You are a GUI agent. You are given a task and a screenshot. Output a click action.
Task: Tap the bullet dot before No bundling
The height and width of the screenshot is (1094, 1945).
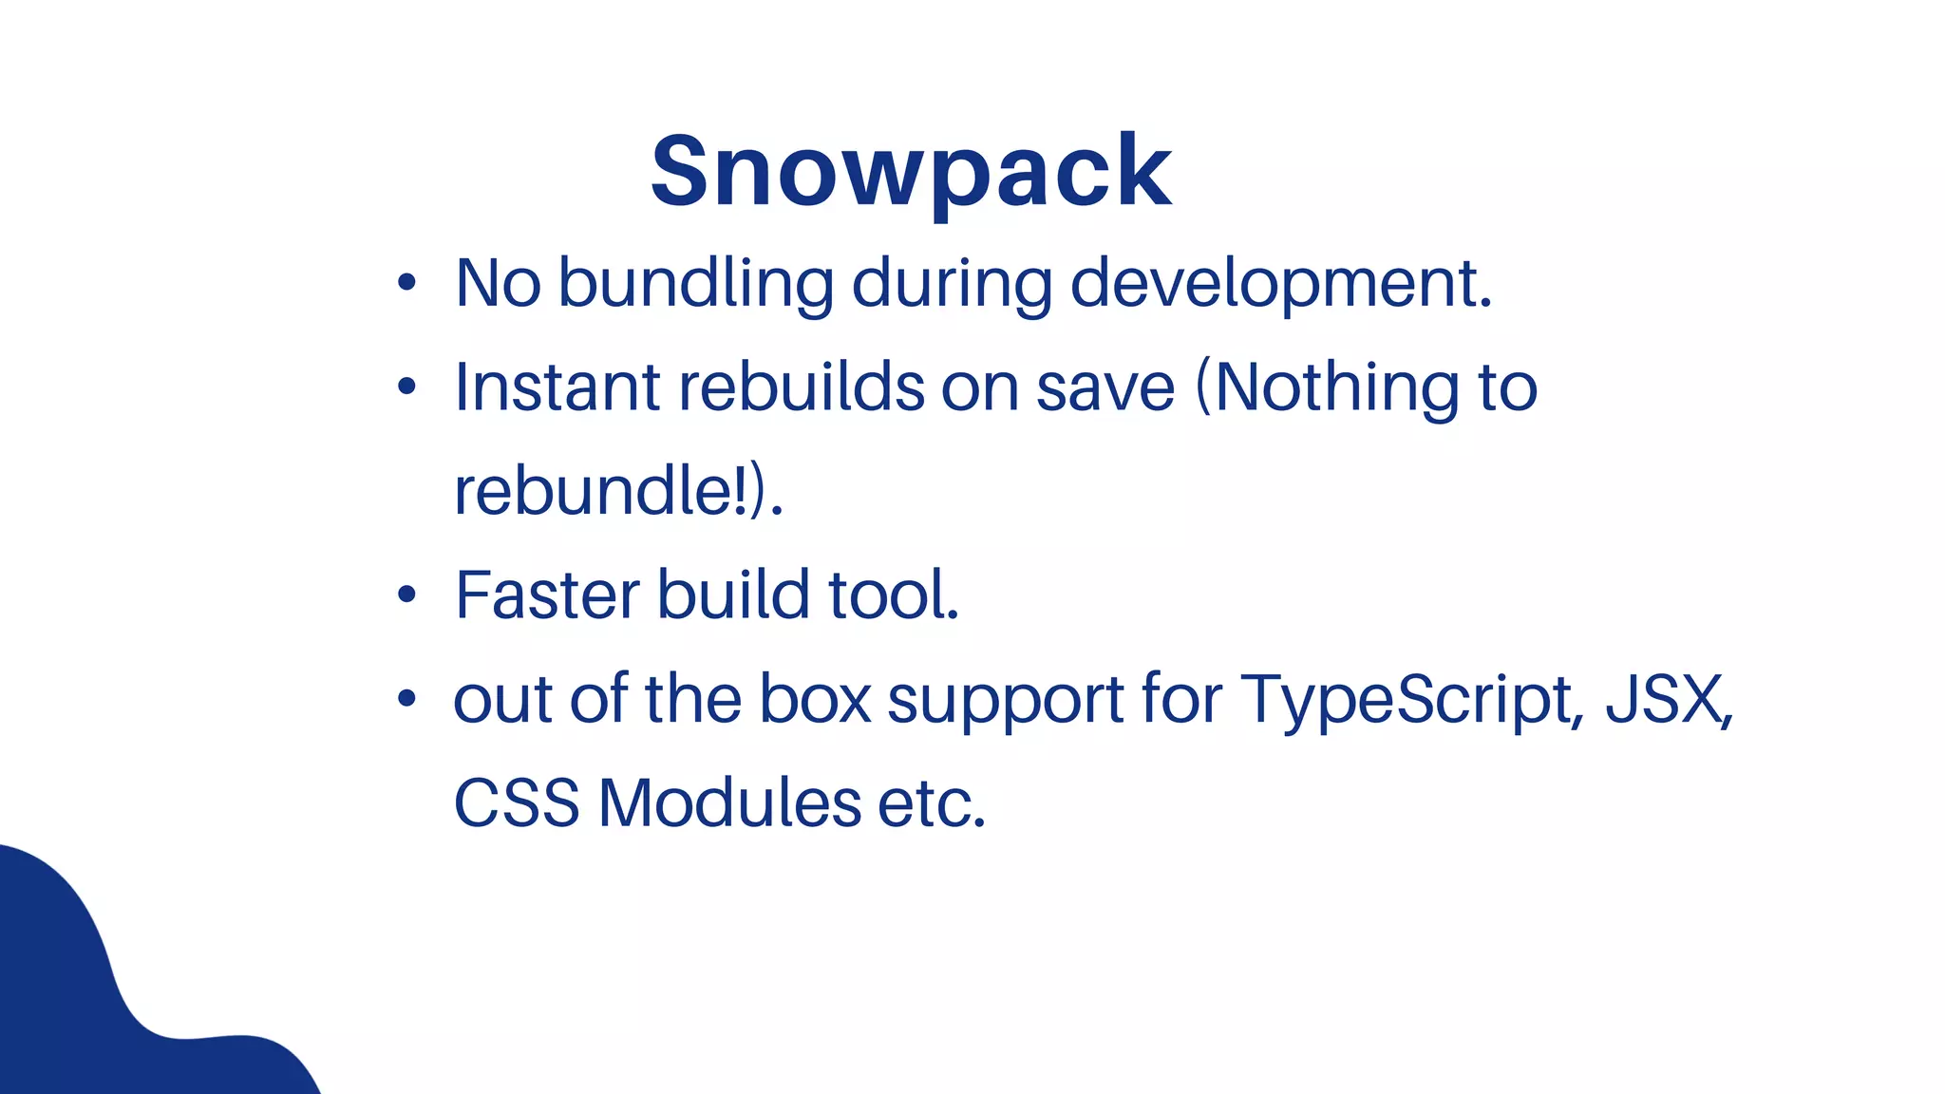tap(407, 283)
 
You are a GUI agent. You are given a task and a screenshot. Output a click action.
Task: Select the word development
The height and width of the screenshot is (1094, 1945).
tap(1280, 283)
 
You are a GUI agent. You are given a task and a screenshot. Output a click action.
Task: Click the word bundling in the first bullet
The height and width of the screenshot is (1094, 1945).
tap(695, 283)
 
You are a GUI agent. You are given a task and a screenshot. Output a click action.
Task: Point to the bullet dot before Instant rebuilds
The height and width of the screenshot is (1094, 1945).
tap(407, 387)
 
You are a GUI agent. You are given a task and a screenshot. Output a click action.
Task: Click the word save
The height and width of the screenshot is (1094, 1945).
tap(1105, 387)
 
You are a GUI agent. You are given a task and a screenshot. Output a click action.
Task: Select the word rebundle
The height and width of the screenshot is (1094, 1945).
tap(593, 491)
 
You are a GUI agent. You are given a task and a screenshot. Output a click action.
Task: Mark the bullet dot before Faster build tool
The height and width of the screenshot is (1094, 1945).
tap(407, 595)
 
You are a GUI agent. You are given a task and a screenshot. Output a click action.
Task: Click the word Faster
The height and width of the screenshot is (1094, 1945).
tap(548, 595)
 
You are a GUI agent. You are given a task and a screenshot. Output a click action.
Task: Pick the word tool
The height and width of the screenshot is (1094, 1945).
tap(893, 595)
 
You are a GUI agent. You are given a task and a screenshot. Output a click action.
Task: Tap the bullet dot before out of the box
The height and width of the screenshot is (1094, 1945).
tap(407, 699)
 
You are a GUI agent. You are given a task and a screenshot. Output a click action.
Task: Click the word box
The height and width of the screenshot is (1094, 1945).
tap(815, 699)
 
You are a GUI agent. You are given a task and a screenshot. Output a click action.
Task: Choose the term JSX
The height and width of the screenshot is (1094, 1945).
tap(1667, 699)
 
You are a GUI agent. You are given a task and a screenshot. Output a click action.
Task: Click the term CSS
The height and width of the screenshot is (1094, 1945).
tap(517, 803)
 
